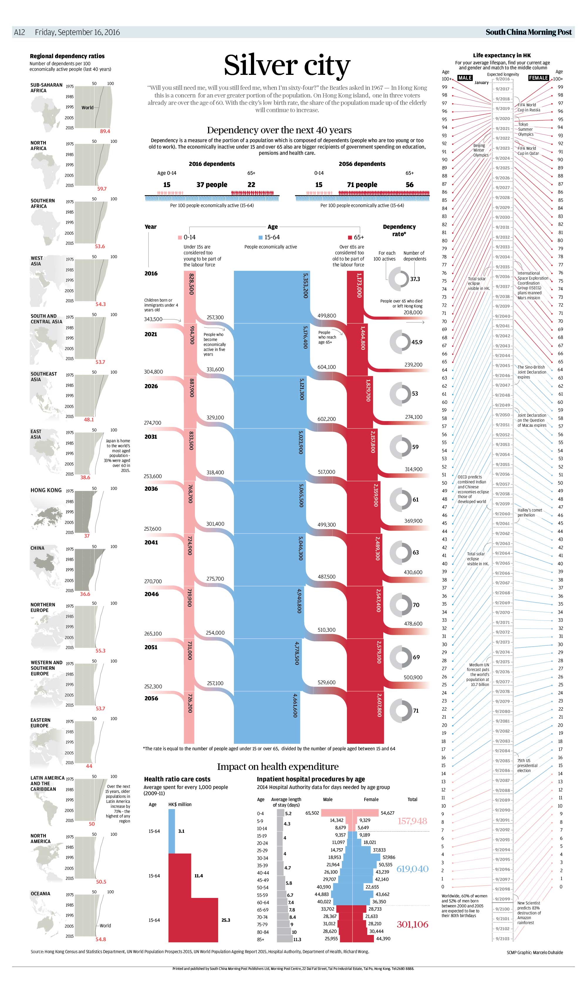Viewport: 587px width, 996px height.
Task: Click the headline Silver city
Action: pyautogui.click(x=287, y=65)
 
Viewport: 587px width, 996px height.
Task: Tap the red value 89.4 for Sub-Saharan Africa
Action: pyautogui.click(x=105, y=131)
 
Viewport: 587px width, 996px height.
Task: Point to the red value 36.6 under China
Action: pyautogui.click(x=85, y=594)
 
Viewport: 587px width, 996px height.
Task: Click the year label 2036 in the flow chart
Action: pyautogui.click(x=151, y=489)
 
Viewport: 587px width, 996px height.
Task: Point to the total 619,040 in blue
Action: pyautogui.click(x=412, y=869)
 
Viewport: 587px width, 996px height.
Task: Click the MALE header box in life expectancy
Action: pyautogui.click(x=465, y=78)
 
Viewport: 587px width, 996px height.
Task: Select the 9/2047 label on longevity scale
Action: pyautogui.click(x=503, y=385)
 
